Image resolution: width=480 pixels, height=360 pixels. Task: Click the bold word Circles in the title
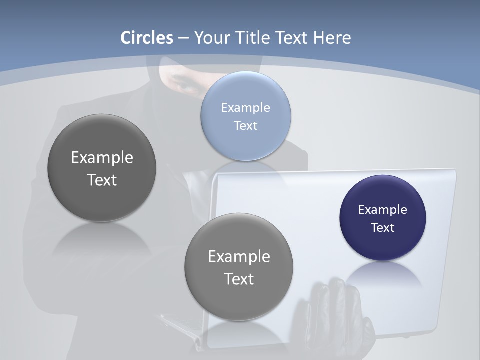pyautogui.click(x=146, y=38)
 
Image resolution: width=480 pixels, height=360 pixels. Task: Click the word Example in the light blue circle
pyautogui.click(x=246, y=107)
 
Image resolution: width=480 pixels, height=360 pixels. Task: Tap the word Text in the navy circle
pyautogui.click(x=383, y=228)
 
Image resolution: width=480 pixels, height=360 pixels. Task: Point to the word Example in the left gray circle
pyautogui.click(x=102, y=158)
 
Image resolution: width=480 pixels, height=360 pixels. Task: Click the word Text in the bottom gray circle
pyautogui.click(x=239, y=279)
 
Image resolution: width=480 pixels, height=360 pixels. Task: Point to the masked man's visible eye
pyautogui.click(x=188, y=86)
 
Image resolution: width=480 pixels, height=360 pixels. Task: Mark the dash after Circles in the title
pyautogui.click(x=183, y=38)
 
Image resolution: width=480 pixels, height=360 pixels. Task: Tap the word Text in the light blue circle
pyautogui.click(x=246, y=126)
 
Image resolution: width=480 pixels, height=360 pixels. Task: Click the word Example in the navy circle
pyautogui.click(x=383, y=210)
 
